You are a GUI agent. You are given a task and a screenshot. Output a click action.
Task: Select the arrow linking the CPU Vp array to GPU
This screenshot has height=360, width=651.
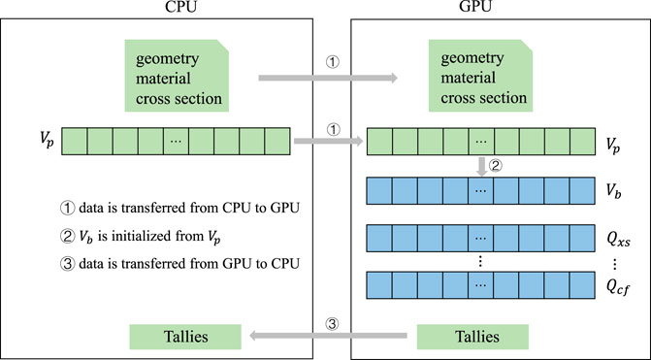click(x=326, y=142)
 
